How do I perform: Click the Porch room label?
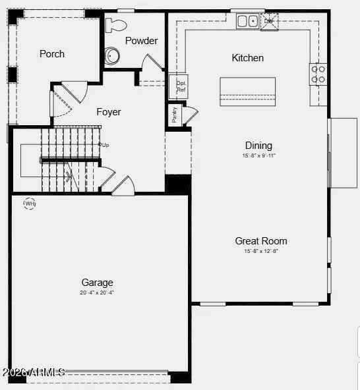click(52, 53)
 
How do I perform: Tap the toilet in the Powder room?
click(116, 26)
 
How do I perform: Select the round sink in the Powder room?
click(113, 55)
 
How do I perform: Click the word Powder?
click(141, 41)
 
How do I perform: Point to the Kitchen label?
click(247, 58)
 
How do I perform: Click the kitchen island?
click(247, 91)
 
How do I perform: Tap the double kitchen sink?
click(248, 21)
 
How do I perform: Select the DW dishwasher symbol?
click(268, 20)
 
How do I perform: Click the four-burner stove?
click(318, 74)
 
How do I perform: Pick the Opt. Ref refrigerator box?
click(181, 86)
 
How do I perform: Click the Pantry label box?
click(175, 115)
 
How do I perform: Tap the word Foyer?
click(109, 112)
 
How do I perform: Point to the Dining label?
click(258, 146)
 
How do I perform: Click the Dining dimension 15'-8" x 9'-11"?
click(258, 155)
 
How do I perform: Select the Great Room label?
click(261, 241)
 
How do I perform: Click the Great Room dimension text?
click(261, 251)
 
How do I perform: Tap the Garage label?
click(97, 282)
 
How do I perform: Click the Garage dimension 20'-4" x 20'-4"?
click(97, 292)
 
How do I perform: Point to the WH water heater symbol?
click(30, 204)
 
